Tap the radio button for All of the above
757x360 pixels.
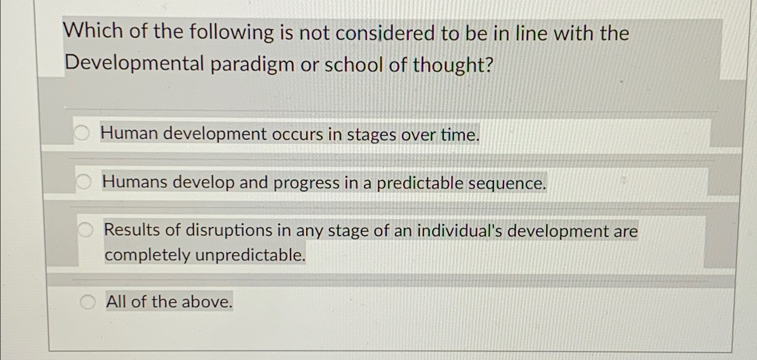point(87,302)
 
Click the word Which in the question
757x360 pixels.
point(93,32)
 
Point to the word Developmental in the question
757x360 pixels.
point(134,64)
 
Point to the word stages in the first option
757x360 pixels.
point(371,135)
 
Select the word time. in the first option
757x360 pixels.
point(460,135)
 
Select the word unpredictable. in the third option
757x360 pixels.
point(250,255)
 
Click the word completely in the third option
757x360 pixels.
point(147,256)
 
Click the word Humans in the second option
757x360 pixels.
point(135,182)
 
